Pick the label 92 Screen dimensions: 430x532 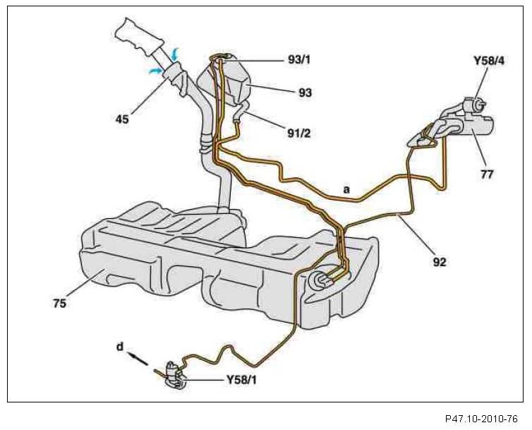[441, 261]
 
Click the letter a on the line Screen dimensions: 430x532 [346, 189]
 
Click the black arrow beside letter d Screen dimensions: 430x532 [139, 359]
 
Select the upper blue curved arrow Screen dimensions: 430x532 [176, 53]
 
